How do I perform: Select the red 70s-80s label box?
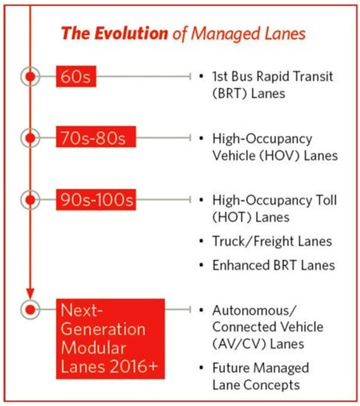click(92, 138)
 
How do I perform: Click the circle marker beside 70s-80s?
click(30, 138)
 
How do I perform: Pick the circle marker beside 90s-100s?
click(30, 199)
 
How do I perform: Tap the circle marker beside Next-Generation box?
click(30, 309)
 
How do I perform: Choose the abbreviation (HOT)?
click(231, 216)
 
